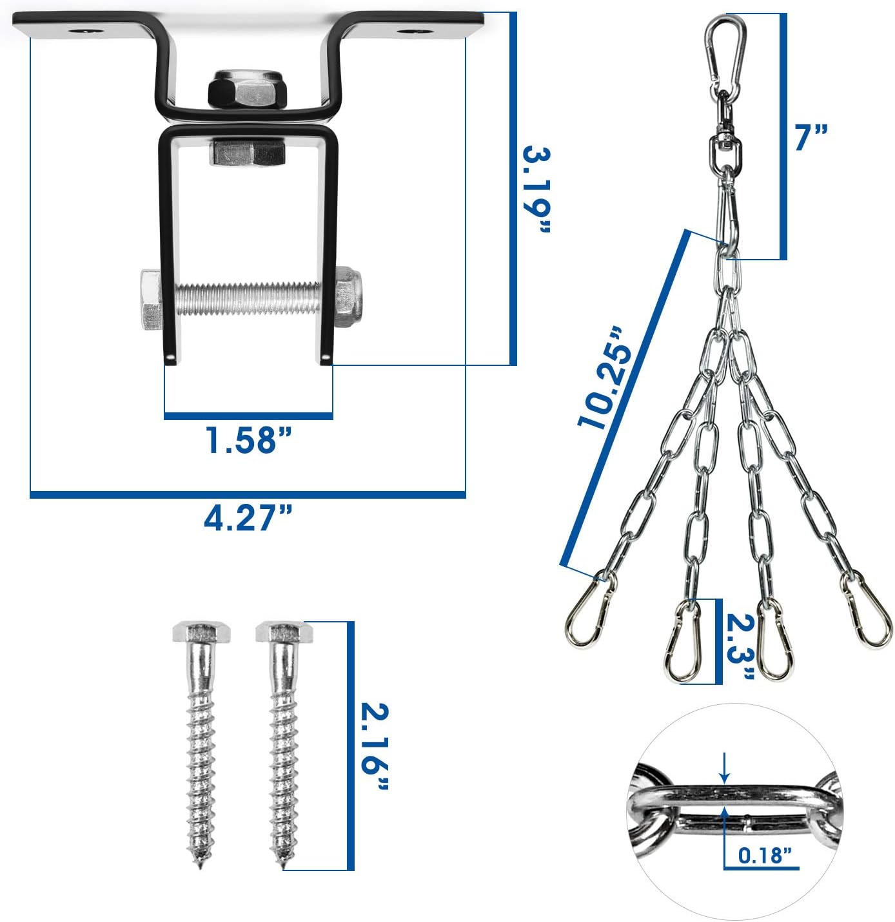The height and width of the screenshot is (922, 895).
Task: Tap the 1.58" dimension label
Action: point(248,440)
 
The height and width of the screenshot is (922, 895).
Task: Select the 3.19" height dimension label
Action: point(536,191)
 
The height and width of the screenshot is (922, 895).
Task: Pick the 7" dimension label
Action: point(811,137)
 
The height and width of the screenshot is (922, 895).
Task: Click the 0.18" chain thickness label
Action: point(765,856)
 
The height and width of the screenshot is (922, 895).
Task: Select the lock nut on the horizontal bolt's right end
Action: point(348,297)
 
